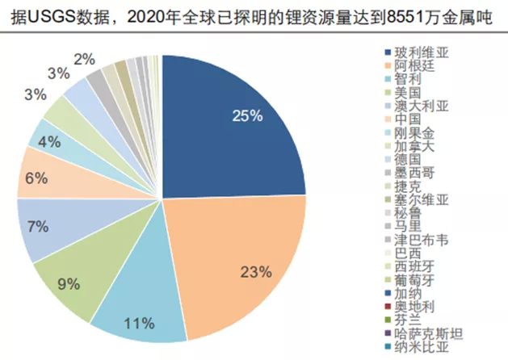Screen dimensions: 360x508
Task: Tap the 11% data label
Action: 140,324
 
